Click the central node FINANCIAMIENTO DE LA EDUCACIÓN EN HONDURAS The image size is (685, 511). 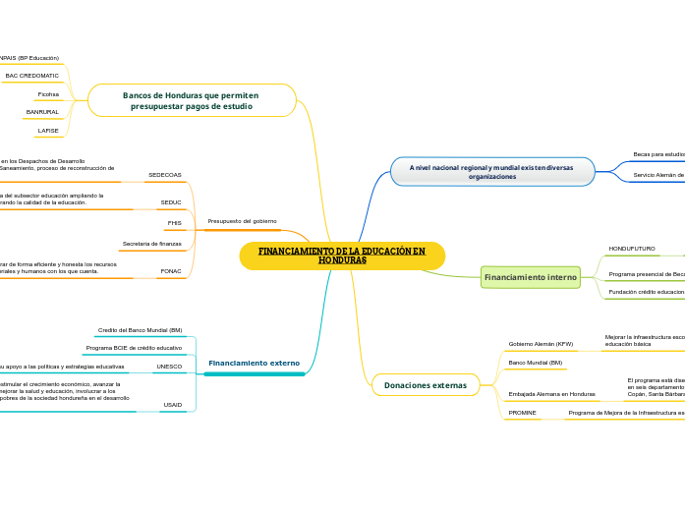click(x=342, y=255)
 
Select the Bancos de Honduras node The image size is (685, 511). click(x=192, y=100)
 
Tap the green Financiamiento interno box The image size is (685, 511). click(x=530, y=277)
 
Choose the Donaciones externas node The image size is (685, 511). click(x=426, y=385)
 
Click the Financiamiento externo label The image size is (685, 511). click(x=254, y=364)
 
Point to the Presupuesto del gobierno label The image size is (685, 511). click(x=242, y=221)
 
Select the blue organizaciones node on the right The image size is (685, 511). click(x=491, y=171)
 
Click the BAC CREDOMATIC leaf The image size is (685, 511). click(x=32, y=76)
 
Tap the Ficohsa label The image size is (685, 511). click(x=48, y=94)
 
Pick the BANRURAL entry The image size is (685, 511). click(x=42, y=112)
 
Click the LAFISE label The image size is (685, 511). click(x=48, y=130)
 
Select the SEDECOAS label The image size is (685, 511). click(x=164, y=175)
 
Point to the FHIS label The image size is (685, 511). click(x=174, y=223)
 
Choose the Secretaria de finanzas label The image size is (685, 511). click(x=151, y=243)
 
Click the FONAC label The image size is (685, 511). click(x=171, y=270)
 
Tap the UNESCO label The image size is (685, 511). click(x=169, y=367)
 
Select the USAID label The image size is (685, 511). click(x=172, y=404)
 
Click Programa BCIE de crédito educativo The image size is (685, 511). click(x=134, y=348)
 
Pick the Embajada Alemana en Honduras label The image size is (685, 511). click(x=551, y=394)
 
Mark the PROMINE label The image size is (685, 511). click(x=522, y=413)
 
